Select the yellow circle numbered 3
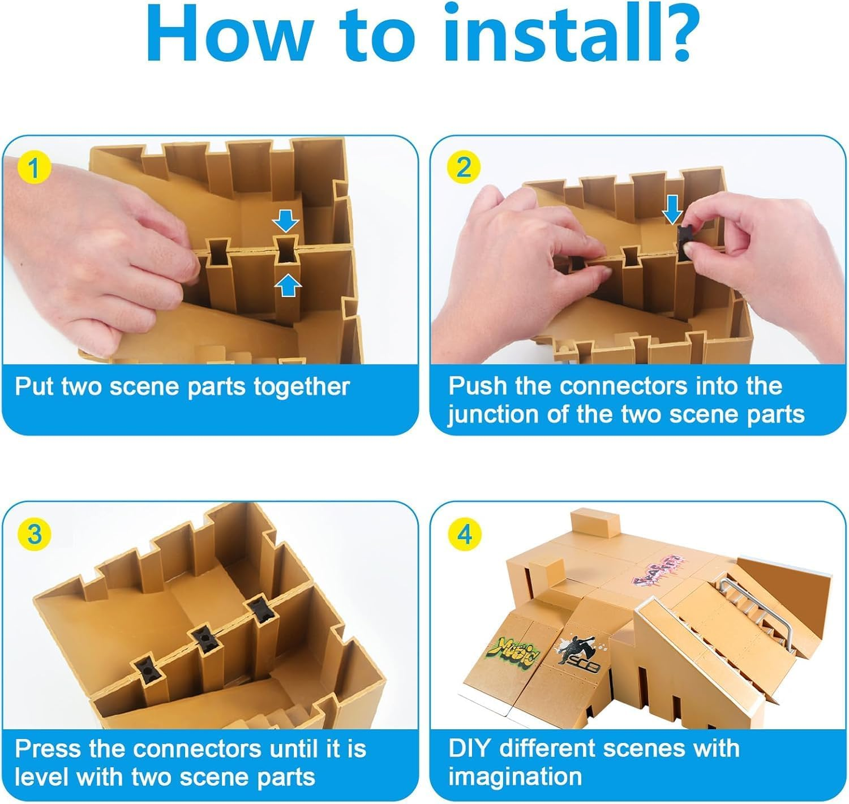35,534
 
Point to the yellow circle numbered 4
464,534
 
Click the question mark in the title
675,34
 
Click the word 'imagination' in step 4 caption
515,777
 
